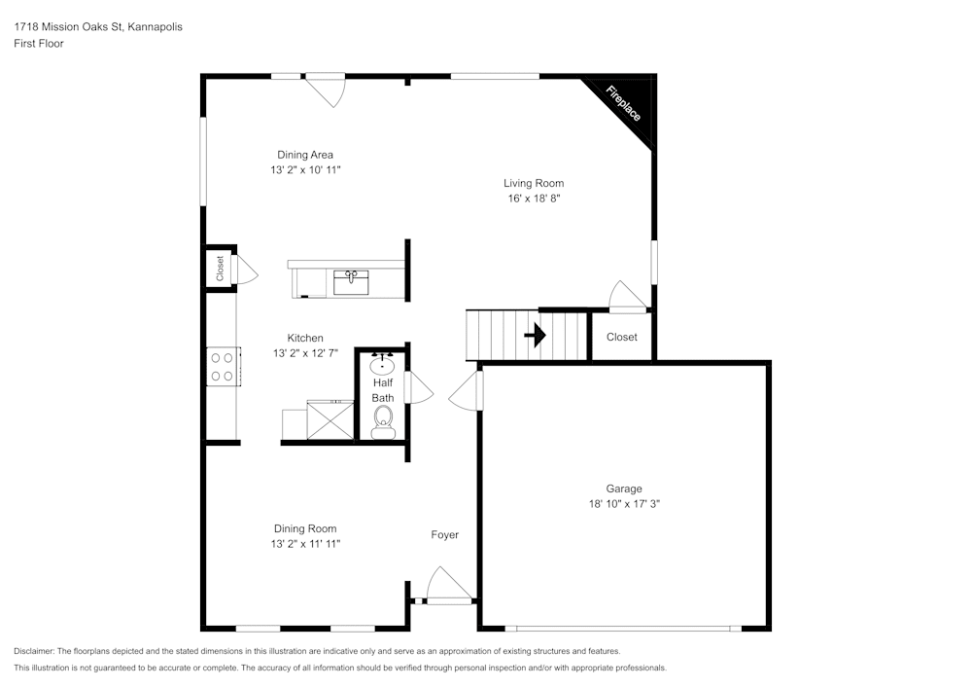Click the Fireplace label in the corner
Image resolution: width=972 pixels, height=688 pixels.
(x=624, y=104)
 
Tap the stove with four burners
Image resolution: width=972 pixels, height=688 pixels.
(x=222, y=366)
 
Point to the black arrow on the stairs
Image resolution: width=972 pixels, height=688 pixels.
(x=535, y=336)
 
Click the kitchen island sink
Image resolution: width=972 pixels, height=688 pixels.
(x=351, y=282)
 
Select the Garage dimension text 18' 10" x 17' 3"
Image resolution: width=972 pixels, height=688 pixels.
(x=625, y=504)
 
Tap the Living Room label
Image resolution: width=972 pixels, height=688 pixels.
(x=533, y=183)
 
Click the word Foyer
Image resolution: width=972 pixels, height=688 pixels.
(x=445, y=534)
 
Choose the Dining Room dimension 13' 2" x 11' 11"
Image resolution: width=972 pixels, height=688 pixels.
(x=305, y=544)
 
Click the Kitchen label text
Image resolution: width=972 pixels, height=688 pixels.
(x=305, y=339)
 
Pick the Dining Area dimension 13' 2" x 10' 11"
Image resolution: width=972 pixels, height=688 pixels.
(x=305, y=169)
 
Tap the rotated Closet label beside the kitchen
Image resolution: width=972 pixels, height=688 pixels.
(x=220, y=268)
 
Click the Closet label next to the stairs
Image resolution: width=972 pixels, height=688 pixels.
(x=622, y=337)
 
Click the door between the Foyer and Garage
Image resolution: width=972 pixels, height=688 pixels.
(x=468, y=390)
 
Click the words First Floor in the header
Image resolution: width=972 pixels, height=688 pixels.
(x=39, y=44)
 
